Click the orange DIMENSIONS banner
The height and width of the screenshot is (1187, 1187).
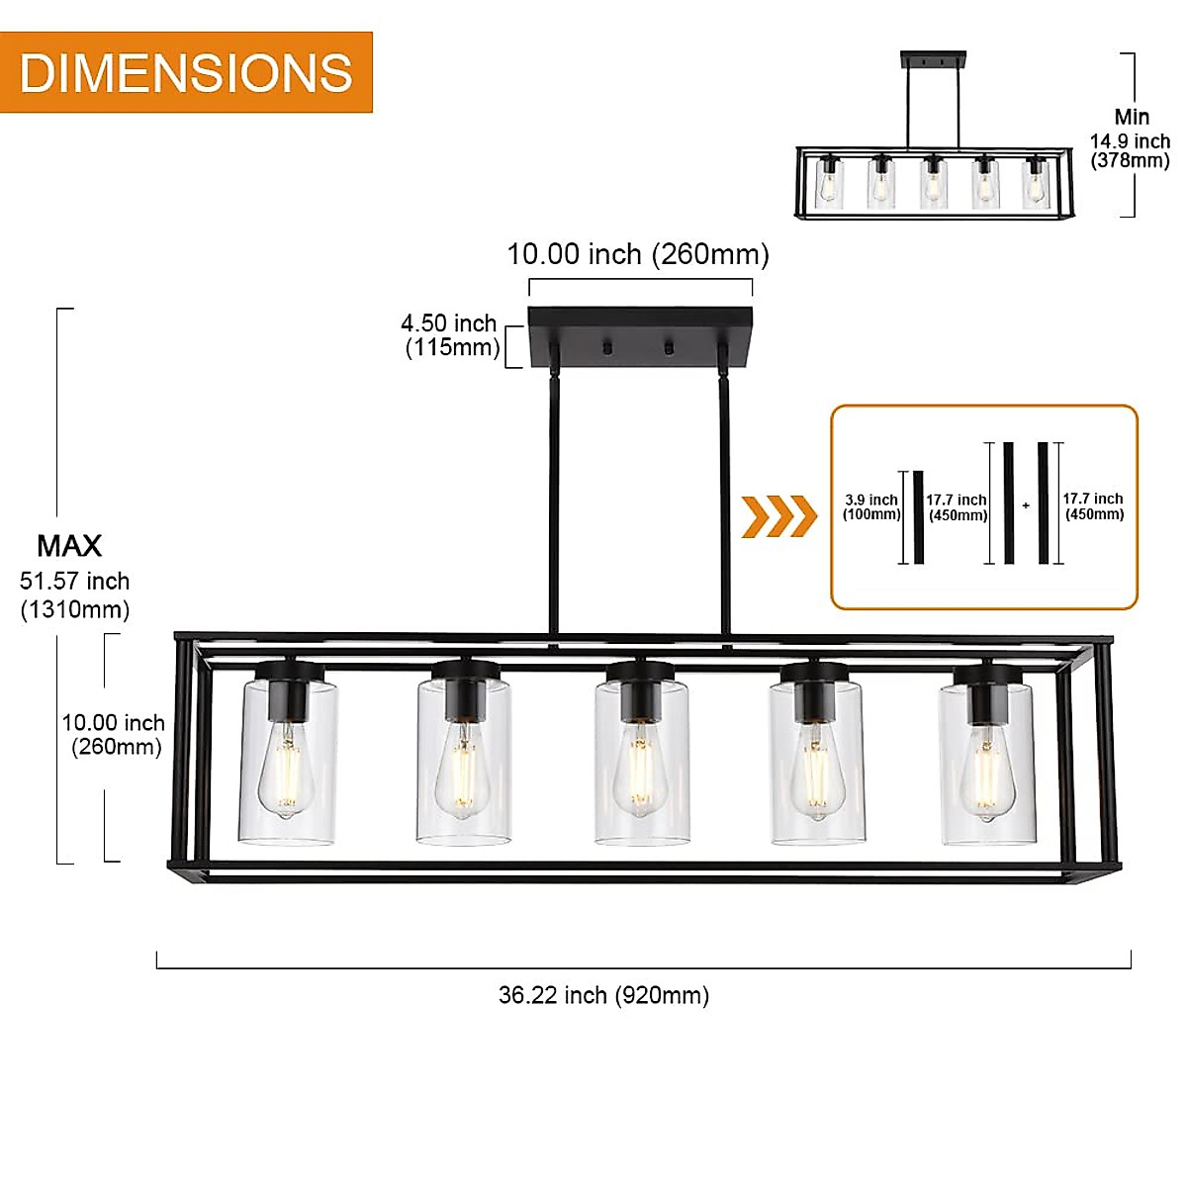pos(186,72)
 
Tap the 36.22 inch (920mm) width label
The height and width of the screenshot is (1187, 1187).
pos(603,995)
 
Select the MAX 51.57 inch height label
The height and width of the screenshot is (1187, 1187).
pos(74,579)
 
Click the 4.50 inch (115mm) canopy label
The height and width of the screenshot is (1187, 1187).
pos(451,335)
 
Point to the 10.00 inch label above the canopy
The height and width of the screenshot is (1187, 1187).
pos(638,254)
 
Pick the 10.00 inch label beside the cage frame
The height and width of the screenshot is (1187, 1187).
pos(114,735)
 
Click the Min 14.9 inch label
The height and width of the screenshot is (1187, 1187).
pos(1130,139)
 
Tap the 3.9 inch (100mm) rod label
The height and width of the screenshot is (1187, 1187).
pos(871,506)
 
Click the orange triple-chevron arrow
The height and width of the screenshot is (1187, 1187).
pos(779,516)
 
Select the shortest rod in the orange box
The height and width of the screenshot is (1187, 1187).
pos(918,517)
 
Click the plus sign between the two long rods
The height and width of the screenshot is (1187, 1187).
pos(1026,505)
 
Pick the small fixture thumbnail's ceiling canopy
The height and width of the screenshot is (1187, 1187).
pos(933,59)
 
